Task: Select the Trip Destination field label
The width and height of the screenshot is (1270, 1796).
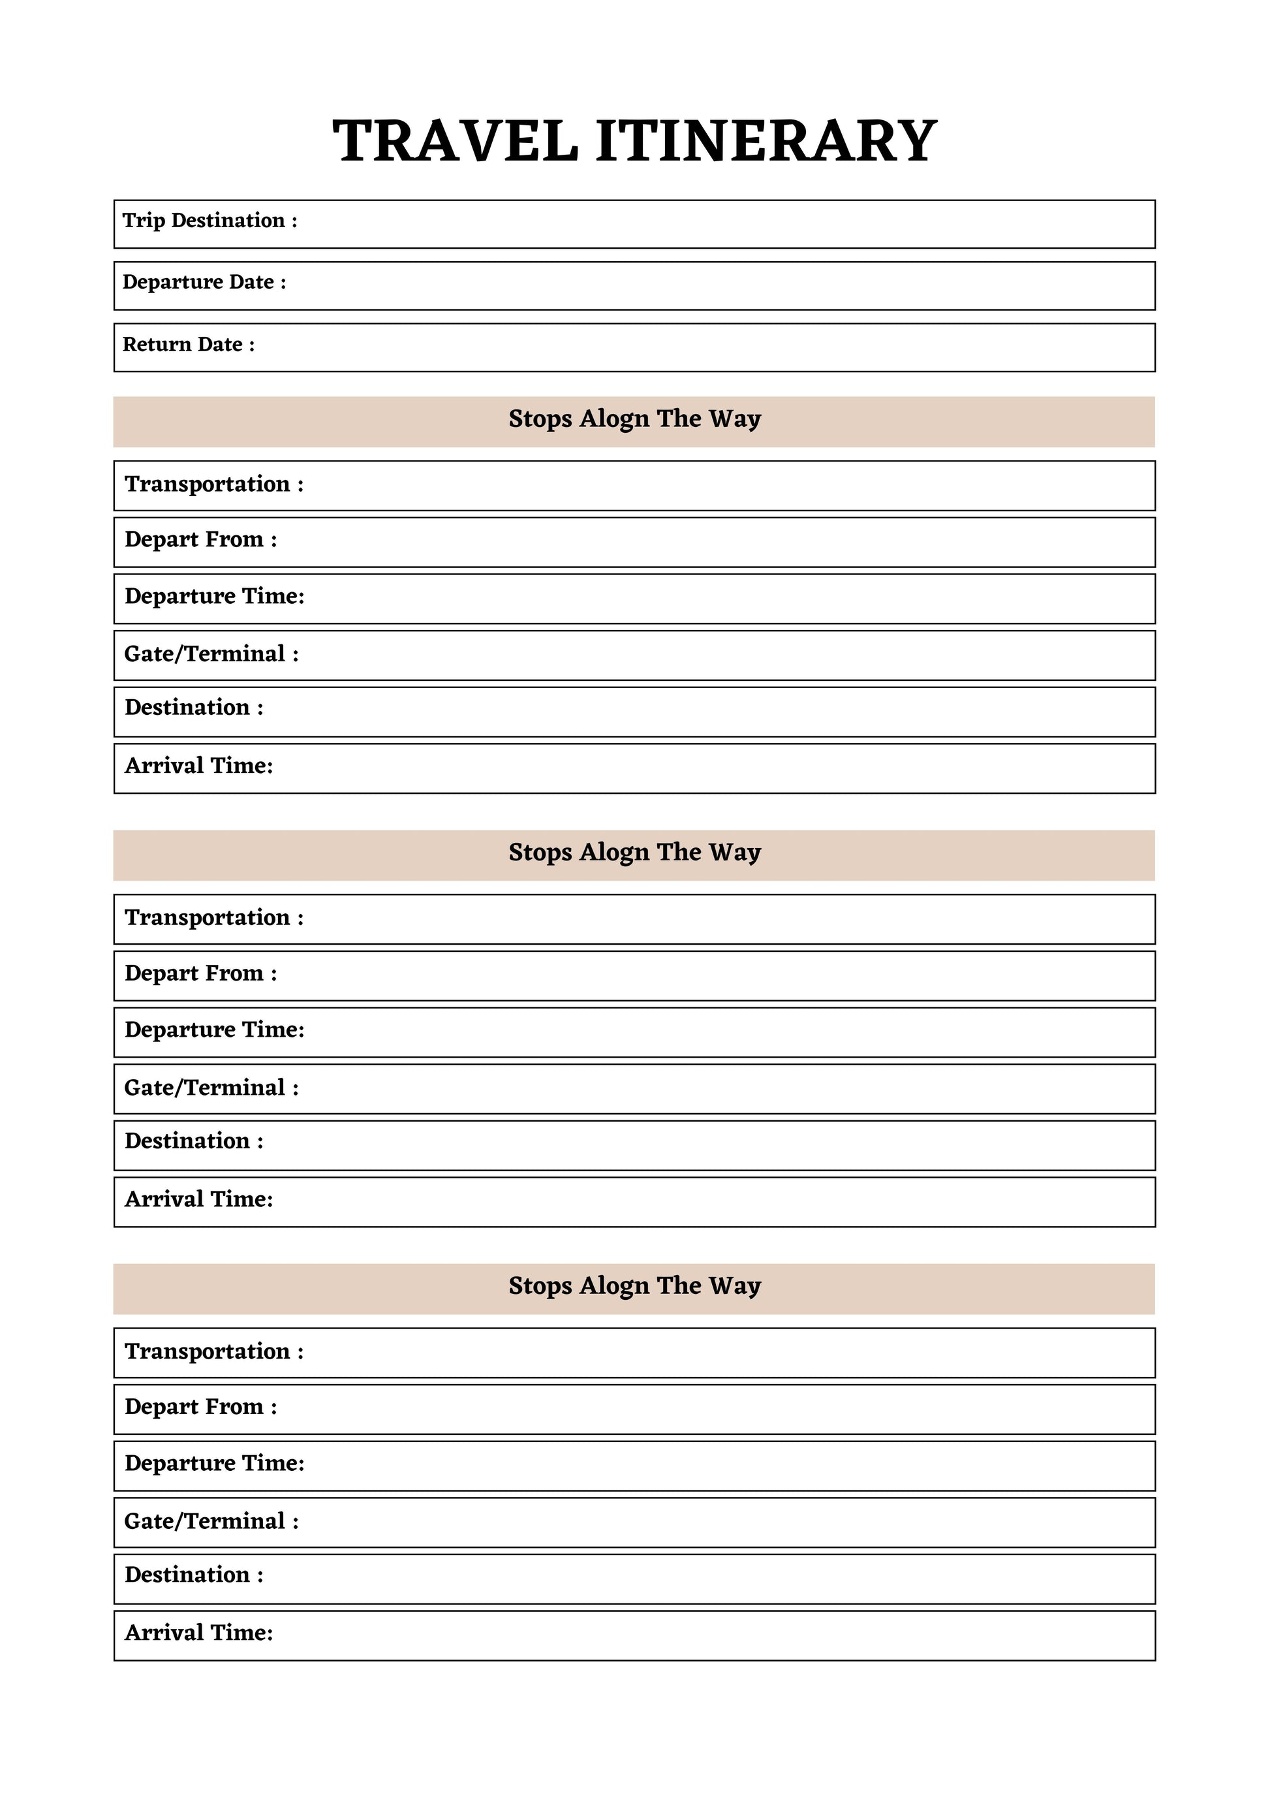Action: tap(209, 221)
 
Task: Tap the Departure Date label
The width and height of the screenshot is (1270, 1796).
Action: tap(204, 283)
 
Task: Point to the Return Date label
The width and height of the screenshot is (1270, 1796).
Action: tap(189, 345)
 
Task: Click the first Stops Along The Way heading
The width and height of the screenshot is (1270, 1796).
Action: tap(634, 419)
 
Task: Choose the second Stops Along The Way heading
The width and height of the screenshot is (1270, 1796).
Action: tap(634, 853)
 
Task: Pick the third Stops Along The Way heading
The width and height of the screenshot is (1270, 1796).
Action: tap(634, 1286)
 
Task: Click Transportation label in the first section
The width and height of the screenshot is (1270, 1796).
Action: tap(213, 484)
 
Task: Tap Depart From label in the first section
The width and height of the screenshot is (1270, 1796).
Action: tap(200, 540)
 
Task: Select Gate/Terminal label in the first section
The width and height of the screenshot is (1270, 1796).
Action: tap(211, 654)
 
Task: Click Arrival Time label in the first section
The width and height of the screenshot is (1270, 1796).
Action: tap(198, 766)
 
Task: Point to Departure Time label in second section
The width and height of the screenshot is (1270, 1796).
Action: tap(214, 1030)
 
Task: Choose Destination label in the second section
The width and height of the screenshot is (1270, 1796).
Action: tap(194, 1141)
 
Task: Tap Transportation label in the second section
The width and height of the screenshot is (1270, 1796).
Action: tap(213, 917)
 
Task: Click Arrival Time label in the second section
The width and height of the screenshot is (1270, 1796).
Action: tap(198, 1199)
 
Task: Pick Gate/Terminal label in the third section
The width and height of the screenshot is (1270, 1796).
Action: tap(211, 1520)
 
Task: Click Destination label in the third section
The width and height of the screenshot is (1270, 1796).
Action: tap(194, 1575)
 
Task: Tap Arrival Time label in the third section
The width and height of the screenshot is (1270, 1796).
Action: tap(198, 1633)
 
